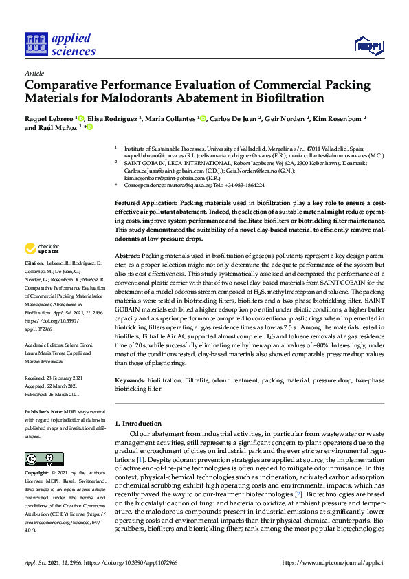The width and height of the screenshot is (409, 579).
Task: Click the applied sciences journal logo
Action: (x=60, y=45)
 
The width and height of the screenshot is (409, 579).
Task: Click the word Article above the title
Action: (x=34, y=72)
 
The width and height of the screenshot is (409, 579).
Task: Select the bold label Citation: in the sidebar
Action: (x=34, y=263)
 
